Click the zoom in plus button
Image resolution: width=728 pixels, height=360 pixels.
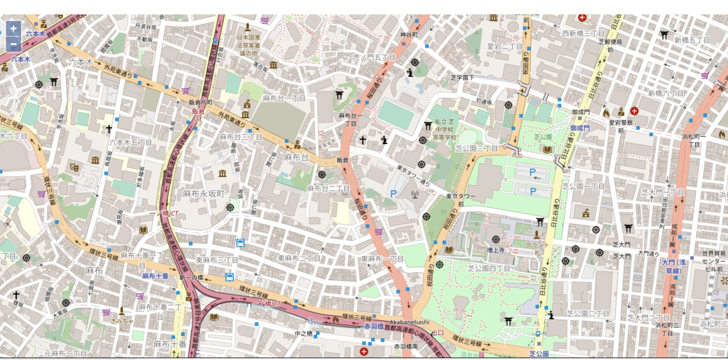(13, 29)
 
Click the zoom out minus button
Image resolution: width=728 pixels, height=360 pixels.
(13, 44)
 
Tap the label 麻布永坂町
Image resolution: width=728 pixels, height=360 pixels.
(204, 194)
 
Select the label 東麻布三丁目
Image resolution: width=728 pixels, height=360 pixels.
(217, 260)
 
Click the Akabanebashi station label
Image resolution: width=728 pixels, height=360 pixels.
(409, 322)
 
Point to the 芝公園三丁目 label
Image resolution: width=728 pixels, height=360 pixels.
(476, 148)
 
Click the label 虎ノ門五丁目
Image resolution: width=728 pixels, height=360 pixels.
(374, 57)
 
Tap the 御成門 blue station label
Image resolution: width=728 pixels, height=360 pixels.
(580, 128)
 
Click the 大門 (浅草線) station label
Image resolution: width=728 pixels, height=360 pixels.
(673, 266)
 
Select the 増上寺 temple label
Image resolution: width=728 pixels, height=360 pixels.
(496, 250)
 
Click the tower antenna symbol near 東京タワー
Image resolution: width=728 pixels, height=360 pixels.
(415, 195)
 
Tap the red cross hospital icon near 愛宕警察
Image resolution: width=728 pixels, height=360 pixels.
(634, 111)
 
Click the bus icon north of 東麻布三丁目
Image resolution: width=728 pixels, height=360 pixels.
(240, 243)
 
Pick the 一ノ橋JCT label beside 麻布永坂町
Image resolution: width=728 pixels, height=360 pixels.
(164, 214)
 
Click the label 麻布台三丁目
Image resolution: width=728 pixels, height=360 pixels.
(241, 137)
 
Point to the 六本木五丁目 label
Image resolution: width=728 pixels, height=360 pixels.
(130, 143)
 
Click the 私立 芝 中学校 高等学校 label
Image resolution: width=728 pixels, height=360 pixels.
(444, 130)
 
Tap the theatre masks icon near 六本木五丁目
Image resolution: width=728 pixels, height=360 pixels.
(74, 167)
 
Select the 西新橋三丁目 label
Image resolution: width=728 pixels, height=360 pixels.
(583, 34)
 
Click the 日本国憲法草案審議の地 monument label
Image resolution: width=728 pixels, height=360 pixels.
(248, 45)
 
